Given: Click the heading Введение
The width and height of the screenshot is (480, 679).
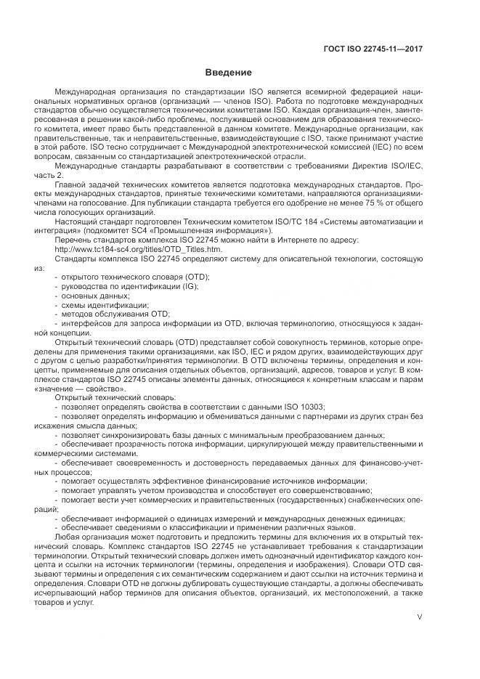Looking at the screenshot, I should tap(228, 73).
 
